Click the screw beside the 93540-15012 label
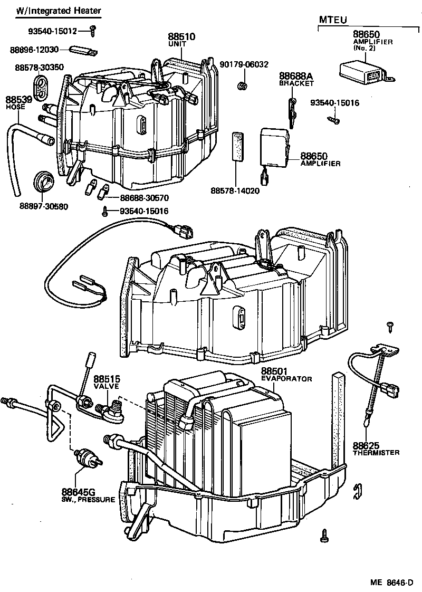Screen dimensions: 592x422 93,31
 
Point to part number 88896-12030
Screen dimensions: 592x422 34,50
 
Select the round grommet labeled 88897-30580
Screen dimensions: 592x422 43,183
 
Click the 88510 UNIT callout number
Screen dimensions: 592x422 181,37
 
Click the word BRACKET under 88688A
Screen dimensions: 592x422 296,83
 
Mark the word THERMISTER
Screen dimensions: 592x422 376,453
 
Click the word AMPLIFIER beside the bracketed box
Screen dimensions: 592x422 320,164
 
